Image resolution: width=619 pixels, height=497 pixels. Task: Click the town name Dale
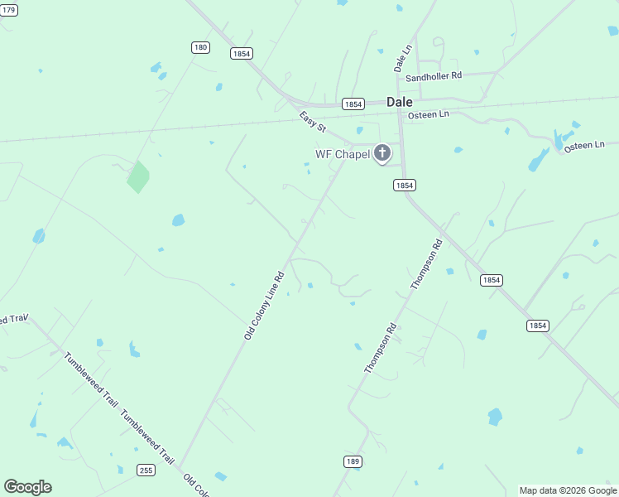coord(400,102)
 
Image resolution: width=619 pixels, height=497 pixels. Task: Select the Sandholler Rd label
coord(433,76)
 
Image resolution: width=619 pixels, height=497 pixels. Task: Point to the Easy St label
coord(313,123)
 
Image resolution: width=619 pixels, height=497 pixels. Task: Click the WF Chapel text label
coord(341,154)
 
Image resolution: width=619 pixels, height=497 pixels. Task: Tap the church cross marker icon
coord(382,152)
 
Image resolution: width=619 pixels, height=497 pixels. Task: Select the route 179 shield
coord(7,9)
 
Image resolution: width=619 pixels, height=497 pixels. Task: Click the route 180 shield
coord(200,47)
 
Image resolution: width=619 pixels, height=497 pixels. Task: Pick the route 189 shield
coord(353,460)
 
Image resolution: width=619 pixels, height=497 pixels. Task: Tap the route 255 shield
coord(146,470)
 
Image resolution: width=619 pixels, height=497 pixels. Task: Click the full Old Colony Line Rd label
coord(264,306)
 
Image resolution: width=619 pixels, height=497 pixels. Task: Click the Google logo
coord(27,487)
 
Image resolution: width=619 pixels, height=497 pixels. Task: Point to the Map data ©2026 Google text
coord(568,490)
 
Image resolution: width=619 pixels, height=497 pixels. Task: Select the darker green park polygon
coord(138,176)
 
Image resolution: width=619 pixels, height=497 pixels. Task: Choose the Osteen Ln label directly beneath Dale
coord(429,114)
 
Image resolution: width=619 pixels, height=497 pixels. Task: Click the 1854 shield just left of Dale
coord(353,104)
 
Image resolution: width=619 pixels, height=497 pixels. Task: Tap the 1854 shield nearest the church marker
coord(404,186)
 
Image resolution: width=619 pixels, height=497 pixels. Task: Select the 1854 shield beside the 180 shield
coord(242,53)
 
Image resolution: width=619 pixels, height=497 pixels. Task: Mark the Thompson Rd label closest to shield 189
coord(381,347)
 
